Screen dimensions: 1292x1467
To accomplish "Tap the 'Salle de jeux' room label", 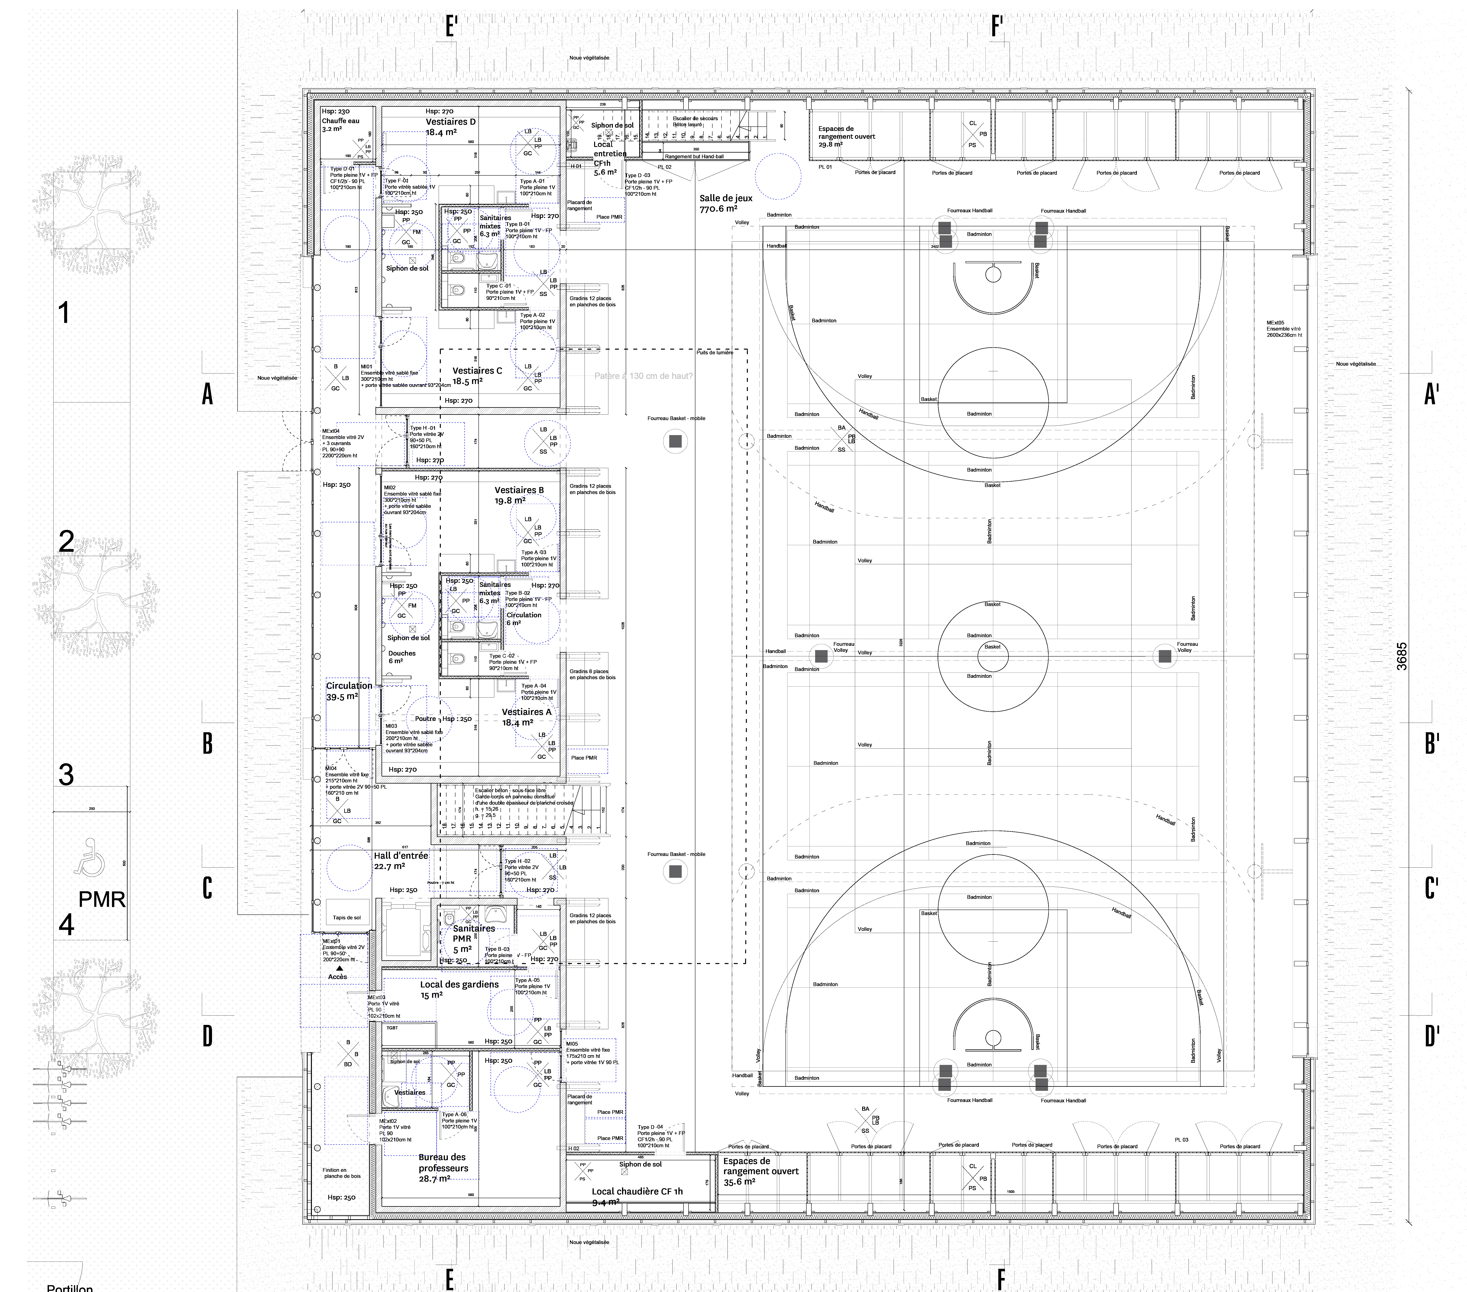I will pyautogui.click(x=726, y=198).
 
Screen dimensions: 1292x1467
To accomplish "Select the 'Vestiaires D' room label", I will pyautogui.click(x=450, y=122).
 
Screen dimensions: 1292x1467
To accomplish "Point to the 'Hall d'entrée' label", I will pyautogui.click(x=400, y=856).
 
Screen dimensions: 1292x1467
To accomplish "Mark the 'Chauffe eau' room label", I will pyautogui.click(x=340, y=121).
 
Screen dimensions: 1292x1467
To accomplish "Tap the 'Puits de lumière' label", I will pyautogui.click(x=715, y=352).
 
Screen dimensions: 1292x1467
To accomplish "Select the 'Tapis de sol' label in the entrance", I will pyautogui.click(x=347, y=917).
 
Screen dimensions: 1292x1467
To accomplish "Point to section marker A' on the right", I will pyautogui.click(x=1431, y=394).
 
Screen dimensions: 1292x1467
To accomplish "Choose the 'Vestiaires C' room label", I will pyautogui.click(x=477, y=371).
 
